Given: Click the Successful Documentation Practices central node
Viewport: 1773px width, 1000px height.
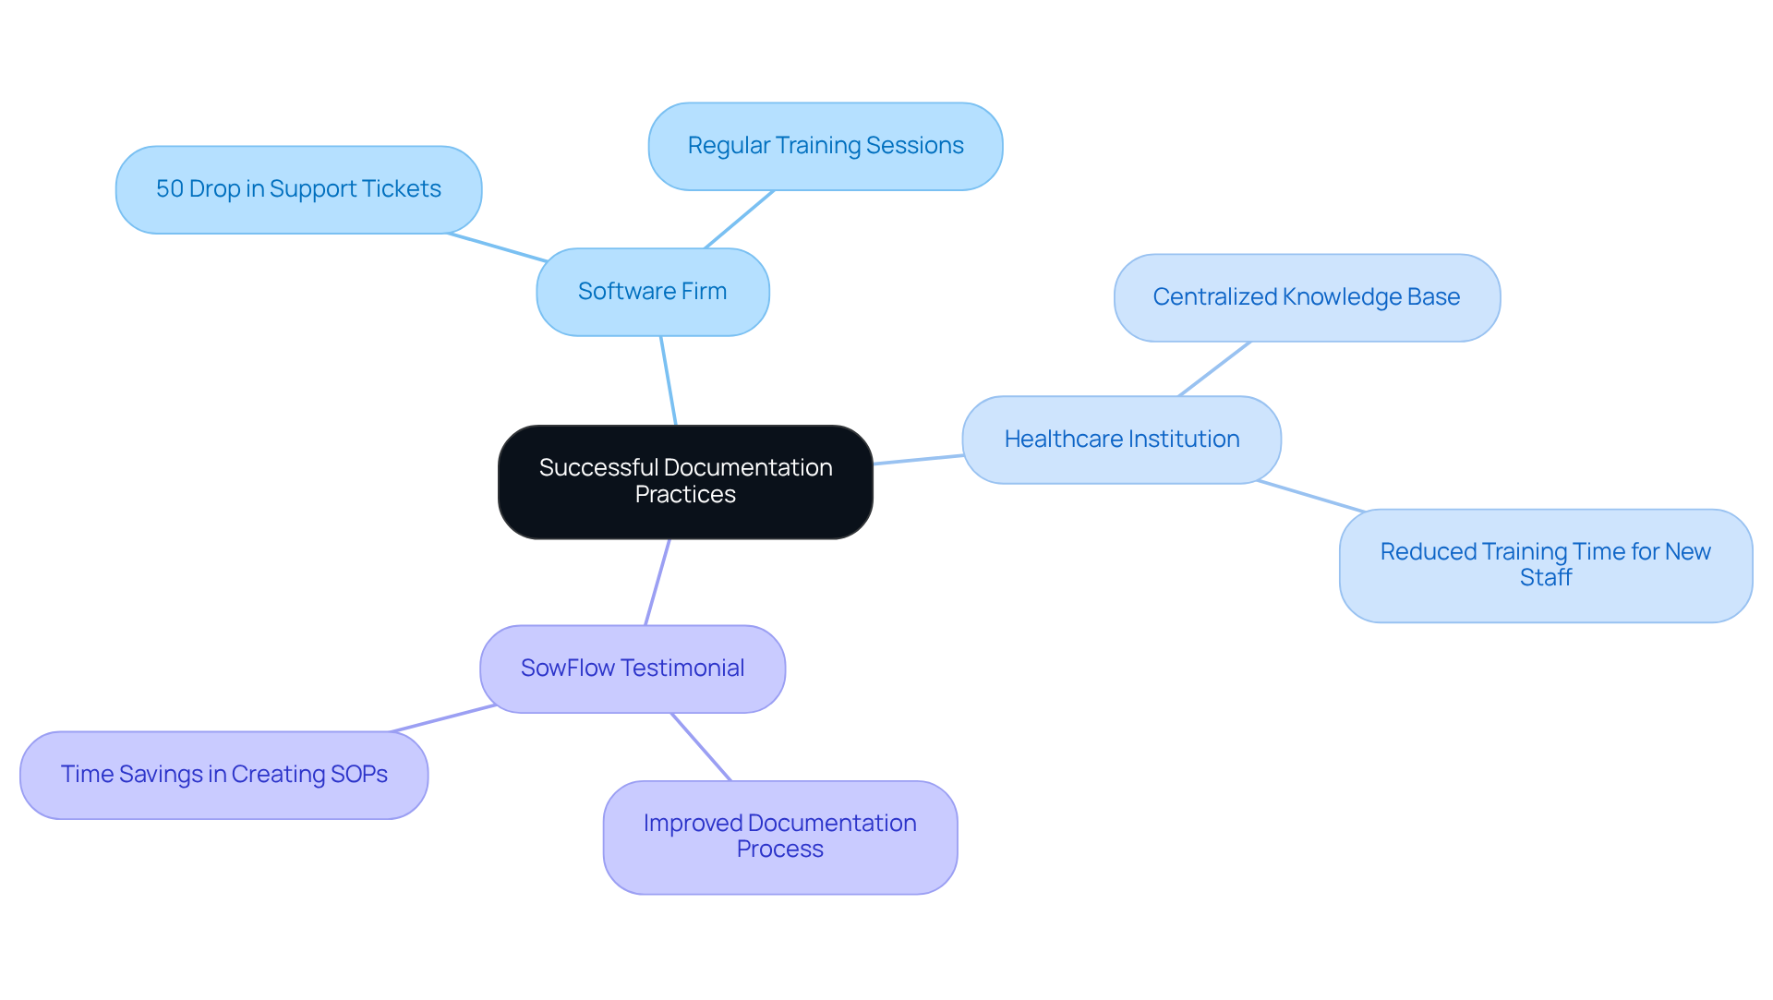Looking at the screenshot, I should click(x=685, y=482).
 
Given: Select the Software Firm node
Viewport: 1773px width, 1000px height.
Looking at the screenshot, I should click(x=652, y=292).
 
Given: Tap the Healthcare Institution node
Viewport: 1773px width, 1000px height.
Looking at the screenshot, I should click(x=1121, y=440).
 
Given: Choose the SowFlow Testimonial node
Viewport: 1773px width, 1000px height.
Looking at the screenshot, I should click(x=633, y=669).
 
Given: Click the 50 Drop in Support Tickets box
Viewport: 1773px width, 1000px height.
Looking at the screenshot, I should click(x=298, y=189).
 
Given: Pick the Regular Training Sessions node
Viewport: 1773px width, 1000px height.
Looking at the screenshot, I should click(x=825, y=146).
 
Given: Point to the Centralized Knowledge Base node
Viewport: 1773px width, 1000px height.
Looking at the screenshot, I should click(x=1306, y=297).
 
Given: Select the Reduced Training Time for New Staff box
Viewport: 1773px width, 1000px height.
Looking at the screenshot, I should click(x=1545, y=565).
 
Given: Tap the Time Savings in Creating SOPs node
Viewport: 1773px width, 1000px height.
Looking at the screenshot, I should click(x=223, y=775).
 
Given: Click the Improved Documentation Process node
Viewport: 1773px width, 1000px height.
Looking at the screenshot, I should click(x=779, y=837).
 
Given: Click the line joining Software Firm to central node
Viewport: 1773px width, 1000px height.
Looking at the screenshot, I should click(x=669, y=380).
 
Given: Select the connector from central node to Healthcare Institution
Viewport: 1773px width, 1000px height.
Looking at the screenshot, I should click(x=918, y=459).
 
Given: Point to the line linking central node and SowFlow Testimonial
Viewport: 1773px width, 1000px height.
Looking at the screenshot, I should click(x=657, y=582).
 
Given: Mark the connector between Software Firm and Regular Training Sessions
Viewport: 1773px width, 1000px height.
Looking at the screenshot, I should click(x=739, y=219).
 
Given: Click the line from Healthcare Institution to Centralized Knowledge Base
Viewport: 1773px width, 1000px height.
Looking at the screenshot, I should click(x=1214, y=368).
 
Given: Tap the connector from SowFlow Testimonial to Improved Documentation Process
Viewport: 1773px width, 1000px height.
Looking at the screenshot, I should click(x=701, y=746).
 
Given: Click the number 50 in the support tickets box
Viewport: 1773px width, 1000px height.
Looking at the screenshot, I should click(x=170, y=189).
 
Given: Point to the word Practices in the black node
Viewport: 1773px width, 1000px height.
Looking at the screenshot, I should click(x=685, y=495).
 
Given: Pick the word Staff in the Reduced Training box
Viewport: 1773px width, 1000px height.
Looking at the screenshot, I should click(x=1545, y=578).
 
